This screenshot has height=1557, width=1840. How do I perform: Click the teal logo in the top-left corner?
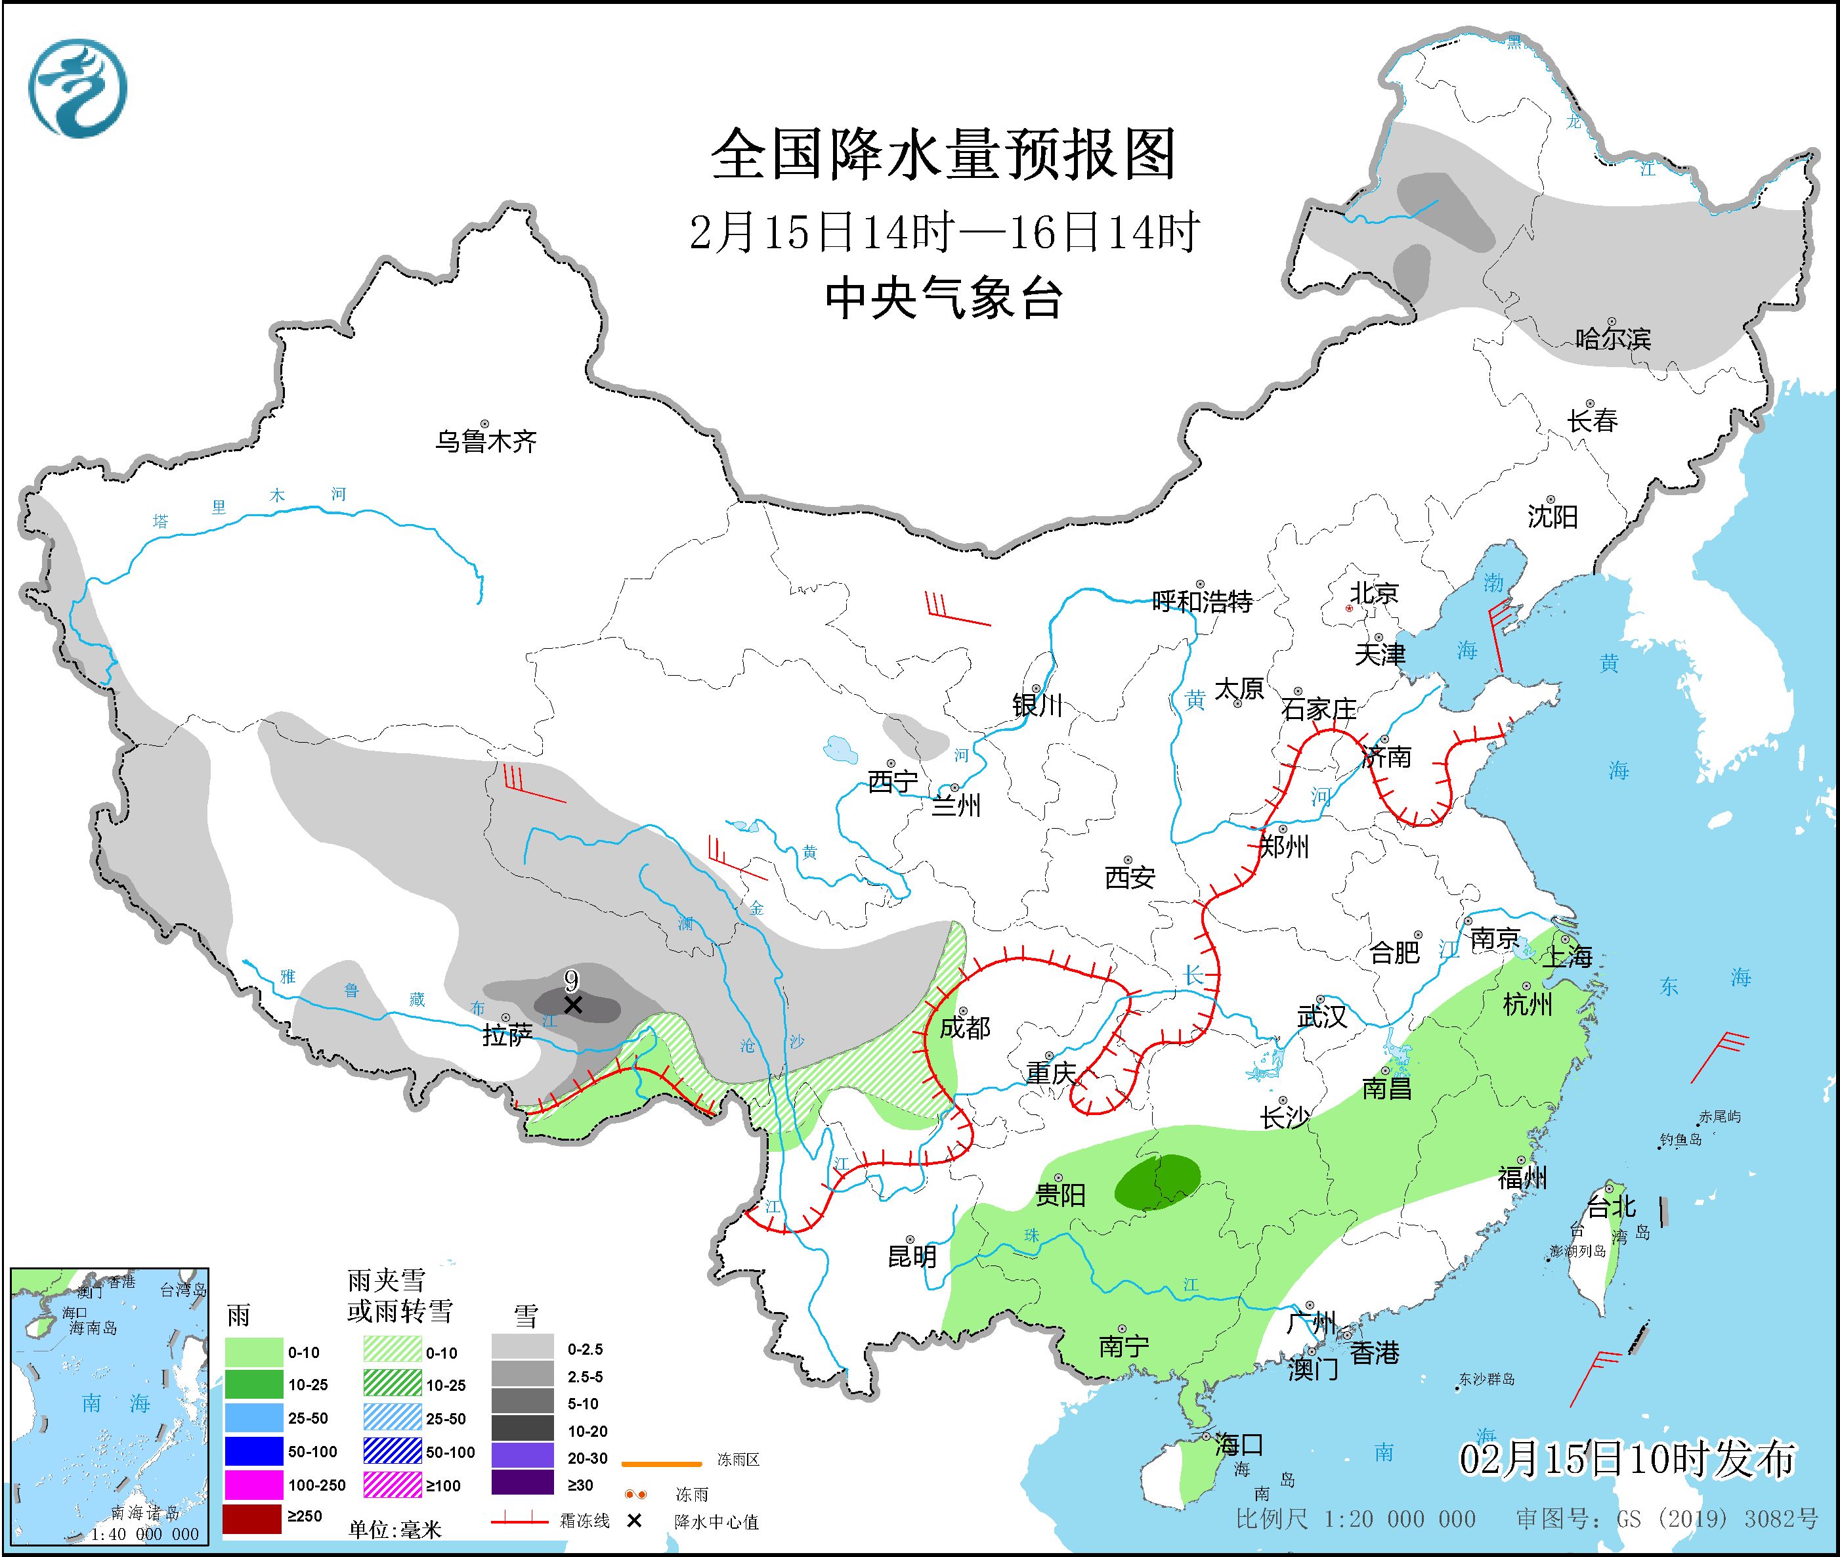[77, 88]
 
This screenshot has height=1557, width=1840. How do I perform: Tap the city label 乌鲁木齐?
[485, 441]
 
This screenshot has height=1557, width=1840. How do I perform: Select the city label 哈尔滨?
[1612, 338]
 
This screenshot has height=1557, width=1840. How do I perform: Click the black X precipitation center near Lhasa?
[572, 1005]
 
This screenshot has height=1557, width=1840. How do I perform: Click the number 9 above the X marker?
[571, 980]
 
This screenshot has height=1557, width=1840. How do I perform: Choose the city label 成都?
[964, 1028]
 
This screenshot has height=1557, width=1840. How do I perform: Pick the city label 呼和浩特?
[1202, 602]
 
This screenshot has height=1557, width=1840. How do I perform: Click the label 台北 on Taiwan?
[1612, 1206]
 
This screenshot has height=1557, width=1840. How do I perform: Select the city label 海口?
[1238, 1445]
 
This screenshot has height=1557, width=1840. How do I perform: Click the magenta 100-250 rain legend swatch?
[251, 1485]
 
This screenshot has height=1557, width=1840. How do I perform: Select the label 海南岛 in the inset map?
[93, 1328]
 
